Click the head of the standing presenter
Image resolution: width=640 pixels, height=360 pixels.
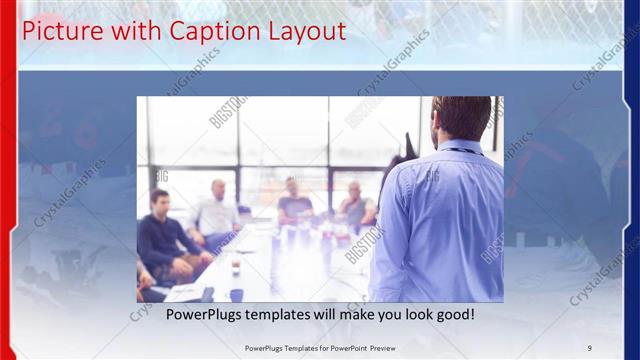(x=462, y=118)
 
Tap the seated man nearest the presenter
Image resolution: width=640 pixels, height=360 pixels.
(x=355, y=205)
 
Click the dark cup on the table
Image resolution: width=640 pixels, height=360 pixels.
(x=236, y=294)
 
